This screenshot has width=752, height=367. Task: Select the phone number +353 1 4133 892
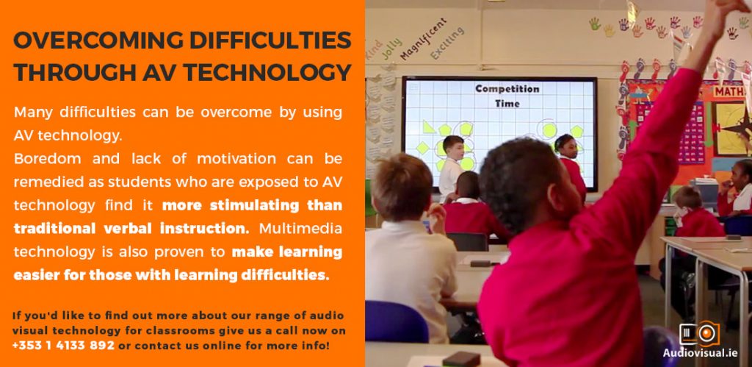(x=63, y=346)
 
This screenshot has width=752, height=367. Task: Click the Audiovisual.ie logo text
(x=707, y=353)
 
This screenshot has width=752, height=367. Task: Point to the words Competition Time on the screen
(x=507, y=96)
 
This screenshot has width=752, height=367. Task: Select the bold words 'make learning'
(x=287, y=252)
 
